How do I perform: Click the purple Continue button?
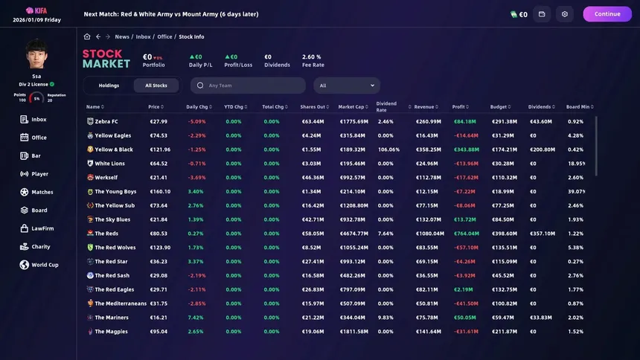(607, 14)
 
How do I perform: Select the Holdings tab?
(109, 86)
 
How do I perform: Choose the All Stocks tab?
(156, 86)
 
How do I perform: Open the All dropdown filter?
(348, 86)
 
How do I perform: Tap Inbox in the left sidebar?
(39, 119)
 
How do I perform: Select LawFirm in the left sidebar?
(42, 228)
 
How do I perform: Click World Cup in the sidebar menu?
(45, 265)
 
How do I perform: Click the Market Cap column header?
(352, 107)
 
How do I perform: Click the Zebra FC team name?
(106, 121)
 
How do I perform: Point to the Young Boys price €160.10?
(160, 191)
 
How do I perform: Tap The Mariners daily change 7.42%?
(196, 317)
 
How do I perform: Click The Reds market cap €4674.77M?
(353, 233)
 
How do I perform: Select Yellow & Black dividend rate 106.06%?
(388, 150)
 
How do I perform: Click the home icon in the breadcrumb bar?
(87, 36)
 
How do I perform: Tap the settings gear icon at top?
(565, 14)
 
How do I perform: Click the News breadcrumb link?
(122, 36)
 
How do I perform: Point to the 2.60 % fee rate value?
(311, 57)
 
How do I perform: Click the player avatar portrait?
(36, 54)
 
